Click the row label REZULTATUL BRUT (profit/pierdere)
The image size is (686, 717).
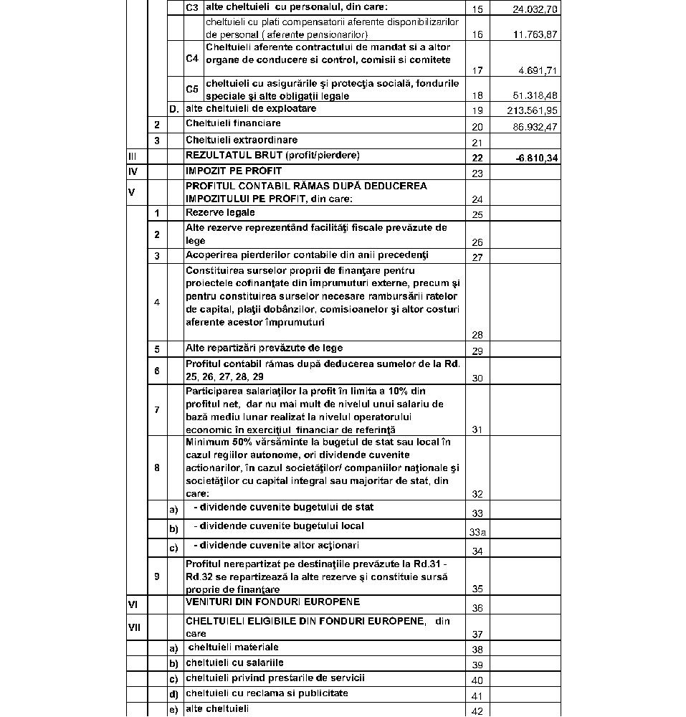pyautogui.click(x=272, y=155)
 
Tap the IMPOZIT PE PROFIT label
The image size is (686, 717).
pyautogui.click(x=234, y=171)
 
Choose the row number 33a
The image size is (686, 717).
pyautogui.click(x=477, y=533)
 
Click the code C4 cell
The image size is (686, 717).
pyautogui.click(x=192, y=59)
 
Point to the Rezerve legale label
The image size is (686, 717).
pyautogui.click(x=220, y=212)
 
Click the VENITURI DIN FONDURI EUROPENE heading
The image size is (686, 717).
pyautogui.click(x=272, y=602)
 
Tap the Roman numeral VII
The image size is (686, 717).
pyautogui.click(x=135, y=627)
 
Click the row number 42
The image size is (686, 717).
pyautogui.click(x=477, y=711)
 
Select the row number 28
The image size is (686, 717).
pyautogui.click(x=477, y=335)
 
